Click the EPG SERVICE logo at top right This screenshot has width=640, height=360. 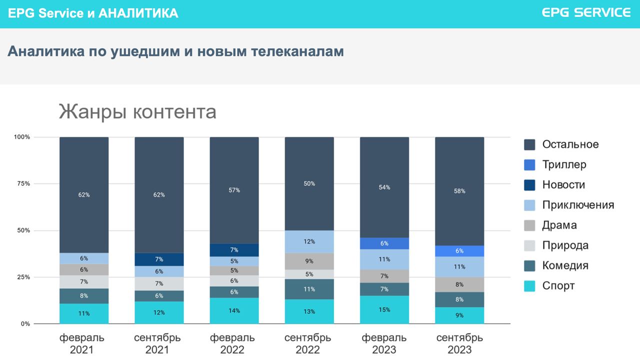click(x=586, y=13)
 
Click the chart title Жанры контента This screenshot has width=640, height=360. click(x=137, y=111)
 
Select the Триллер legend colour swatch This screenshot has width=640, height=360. click(x=530, y=164)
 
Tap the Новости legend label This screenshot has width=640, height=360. click(x=563, y=184)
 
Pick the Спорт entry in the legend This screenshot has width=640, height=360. click(x=558, y=285)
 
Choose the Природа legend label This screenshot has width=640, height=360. click(x=565, y=245)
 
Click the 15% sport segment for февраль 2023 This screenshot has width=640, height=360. click(x=384, y=309)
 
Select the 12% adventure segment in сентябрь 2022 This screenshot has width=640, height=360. click(x=309, y=241)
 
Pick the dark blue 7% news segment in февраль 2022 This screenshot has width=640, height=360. click(x=234, y=250)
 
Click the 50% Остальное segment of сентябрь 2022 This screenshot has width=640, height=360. click(x=309, y=183)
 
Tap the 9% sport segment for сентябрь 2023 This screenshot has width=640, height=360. click(x=459, y=315)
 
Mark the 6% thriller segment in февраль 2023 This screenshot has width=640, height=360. click(x=384, y=243)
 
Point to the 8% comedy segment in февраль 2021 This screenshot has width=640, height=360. click(x=84, y=296)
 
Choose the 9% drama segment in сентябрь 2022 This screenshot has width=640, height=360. click(x=309, y=261)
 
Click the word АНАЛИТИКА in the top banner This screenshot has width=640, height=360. click(x=138, y=13)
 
